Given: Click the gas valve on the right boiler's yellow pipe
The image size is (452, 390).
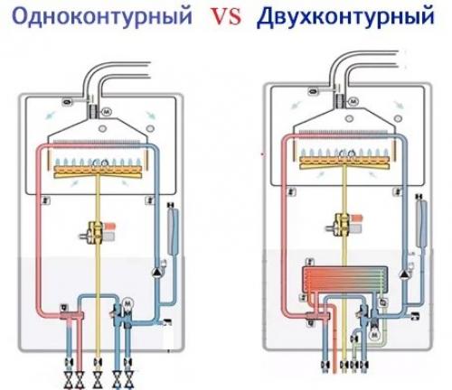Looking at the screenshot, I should pyautogui.click(x=345, y=223).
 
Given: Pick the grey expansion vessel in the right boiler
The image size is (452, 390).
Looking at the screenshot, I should pyautogui.click(x=420, y=220).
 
